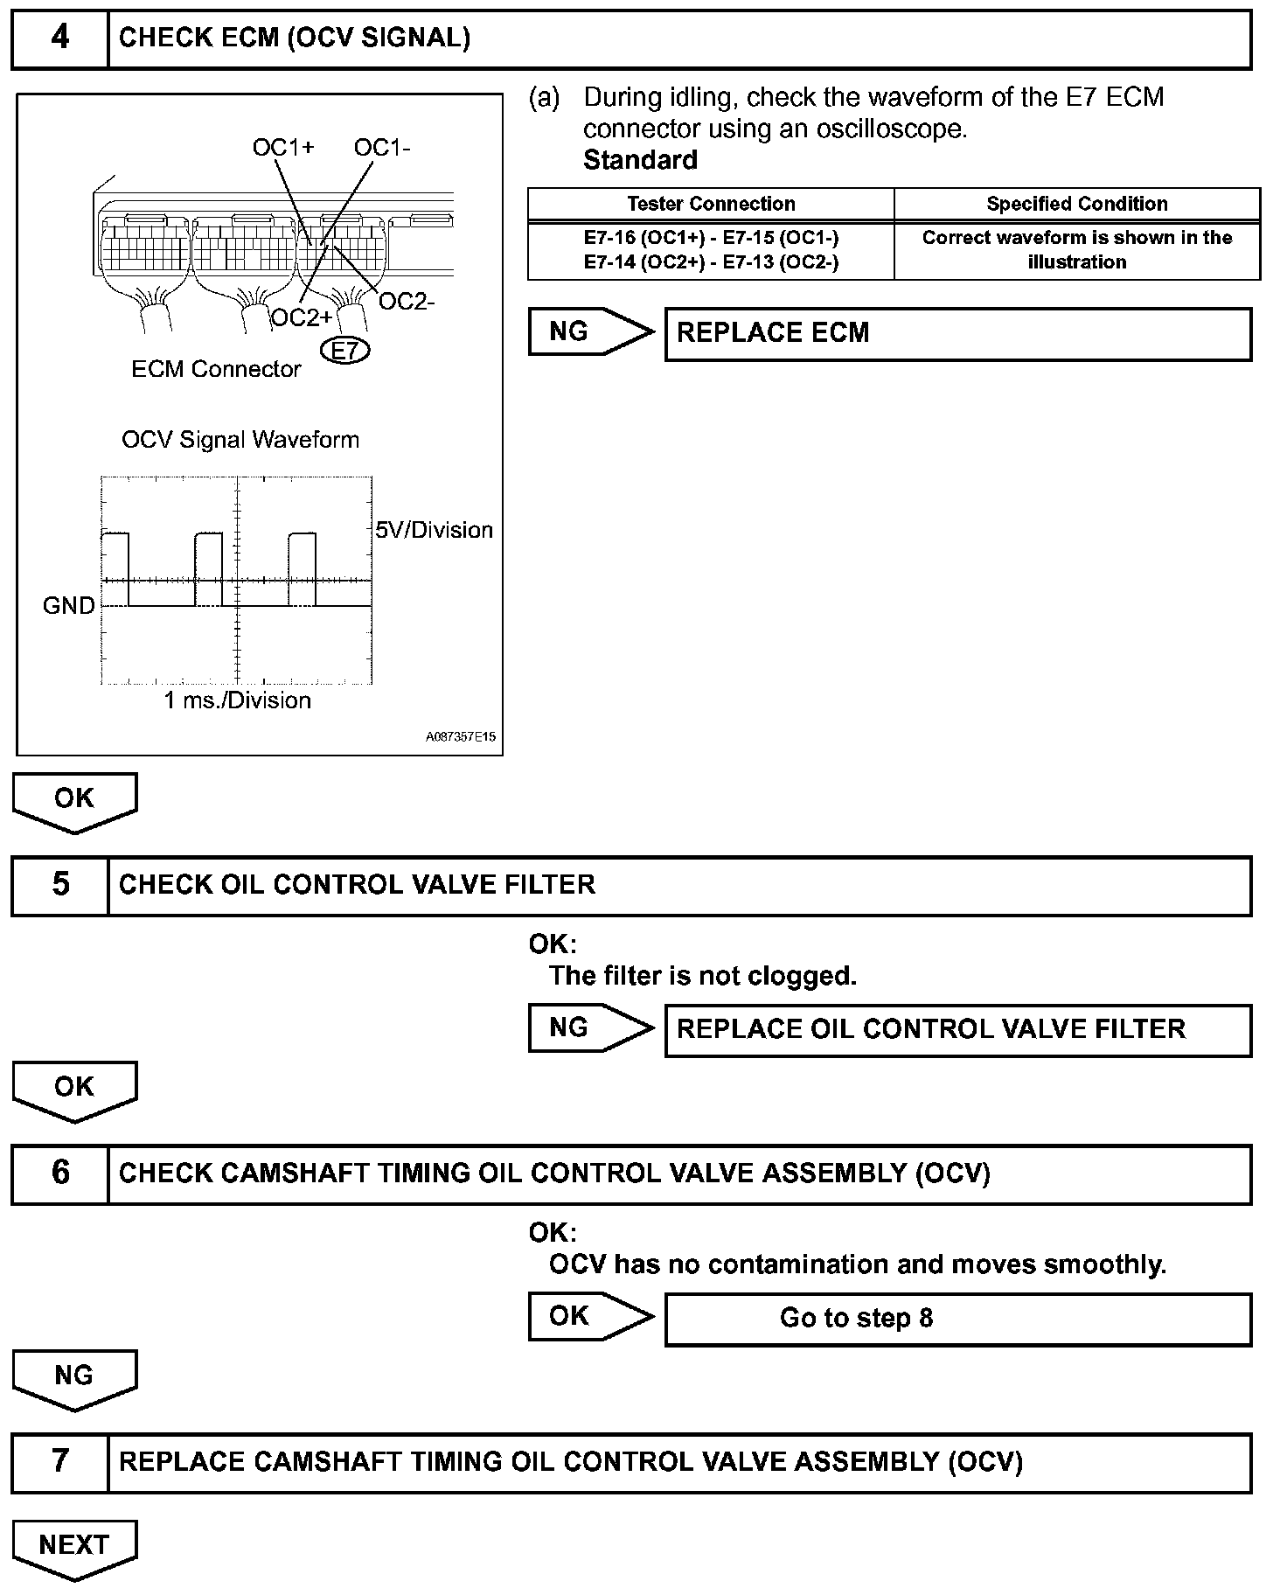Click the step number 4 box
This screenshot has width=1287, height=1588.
pyautogui.click(x=59, y=38)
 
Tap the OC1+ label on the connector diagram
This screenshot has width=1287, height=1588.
pyautogui.click(x=282, y=148)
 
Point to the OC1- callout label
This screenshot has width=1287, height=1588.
pyautogui.click(x=382, y=148)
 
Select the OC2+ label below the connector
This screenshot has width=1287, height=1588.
pyautogui.click(x=302, y=317)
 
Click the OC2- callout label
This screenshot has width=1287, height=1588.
pyautogui.click(x=407, y=302)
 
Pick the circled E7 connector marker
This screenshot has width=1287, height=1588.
pyautogui.click(x=345, y=351)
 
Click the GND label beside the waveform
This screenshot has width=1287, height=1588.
pyautogui.click(x=68, y=605)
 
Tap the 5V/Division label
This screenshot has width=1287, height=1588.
pyautogui.click(x=434, y=530)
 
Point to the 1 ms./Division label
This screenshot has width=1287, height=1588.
pyautogui.click(x=238, y=700)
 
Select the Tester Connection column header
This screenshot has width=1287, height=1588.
pyautogui.click(x=711, y=204)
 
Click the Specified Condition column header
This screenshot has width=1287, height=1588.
pyautogui.click(x=1076, y=204)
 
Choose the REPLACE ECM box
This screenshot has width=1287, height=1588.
pyautogui.click(x=957, y=333)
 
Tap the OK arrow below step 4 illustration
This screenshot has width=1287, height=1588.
pyautogui.click(x=74, y=800)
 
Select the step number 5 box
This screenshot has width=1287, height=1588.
pyautogui.click(x=59, y=885)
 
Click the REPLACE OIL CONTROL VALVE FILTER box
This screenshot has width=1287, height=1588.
pyautogui.click(x=957, y=1029)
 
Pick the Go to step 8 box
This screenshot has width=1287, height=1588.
pyautogui.click(x=957, y=1318)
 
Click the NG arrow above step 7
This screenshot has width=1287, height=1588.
pyautogui.click(x=74, y=1377)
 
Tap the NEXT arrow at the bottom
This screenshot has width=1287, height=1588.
pyautogui.click(x=74, y=1547)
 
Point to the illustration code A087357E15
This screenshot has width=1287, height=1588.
pyautogui.click(x=461, y=737)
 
